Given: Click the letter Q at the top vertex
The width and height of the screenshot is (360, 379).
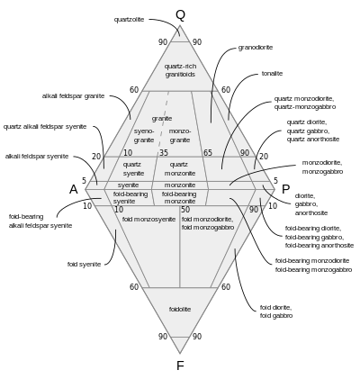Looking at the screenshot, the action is pyautogui.click(x=180, y=14).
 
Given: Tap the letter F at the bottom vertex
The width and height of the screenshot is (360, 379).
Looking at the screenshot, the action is pyautogui.click(x=180, y=365).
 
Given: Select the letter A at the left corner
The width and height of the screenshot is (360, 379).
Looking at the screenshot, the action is pyautogui.click(x=74, y=190).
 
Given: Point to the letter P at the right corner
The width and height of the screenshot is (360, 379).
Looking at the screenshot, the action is pyautogui.click(x=285, y=190).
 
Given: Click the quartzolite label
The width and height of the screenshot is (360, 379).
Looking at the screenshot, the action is pyautogui.click(x=129, y=20).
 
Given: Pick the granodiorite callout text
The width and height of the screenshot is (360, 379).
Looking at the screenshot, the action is pyautogui.click(x=256, y=48).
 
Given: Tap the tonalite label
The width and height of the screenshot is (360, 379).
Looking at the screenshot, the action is pyautogui.click(x=272, y=74).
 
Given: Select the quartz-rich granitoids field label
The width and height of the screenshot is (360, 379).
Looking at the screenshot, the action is pyautogui.click(x=180, y=70).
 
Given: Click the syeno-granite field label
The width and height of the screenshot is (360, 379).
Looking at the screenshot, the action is pyautogui.click(x=144, y=136).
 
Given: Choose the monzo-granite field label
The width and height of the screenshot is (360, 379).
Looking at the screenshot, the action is pyautogui.click(x=180, y=136).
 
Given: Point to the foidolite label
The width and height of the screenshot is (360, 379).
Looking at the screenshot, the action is pyautogui.click(x=180, y=310).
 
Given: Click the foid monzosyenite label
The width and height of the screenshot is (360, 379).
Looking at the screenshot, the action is pyautogui.click(x=148, y=220).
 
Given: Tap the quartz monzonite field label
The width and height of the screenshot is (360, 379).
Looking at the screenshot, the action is pyautogui.click(x=180, y=169).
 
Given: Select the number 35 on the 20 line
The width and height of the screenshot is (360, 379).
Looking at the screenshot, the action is pyautogui.click(x=164, y=153).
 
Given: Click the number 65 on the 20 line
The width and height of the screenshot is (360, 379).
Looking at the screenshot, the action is pyautogui.click(x=208, y=153).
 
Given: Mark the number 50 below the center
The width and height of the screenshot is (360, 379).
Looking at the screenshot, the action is pyautogui.click(x=185, y=210).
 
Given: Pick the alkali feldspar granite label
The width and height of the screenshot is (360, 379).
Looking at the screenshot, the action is pyautogui.click(x=73, y=96).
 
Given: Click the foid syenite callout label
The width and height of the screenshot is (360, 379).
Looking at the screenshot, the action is pyautogui.click(x=84, y=265).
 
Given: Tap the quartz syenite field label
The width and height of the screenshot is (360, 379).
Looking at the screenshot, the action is pyautogui.click(x=134, y=169).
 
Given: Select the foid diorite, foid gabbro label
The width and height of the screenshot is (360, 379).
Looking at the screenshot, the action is pyautogui.click(x=276, y=311).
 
